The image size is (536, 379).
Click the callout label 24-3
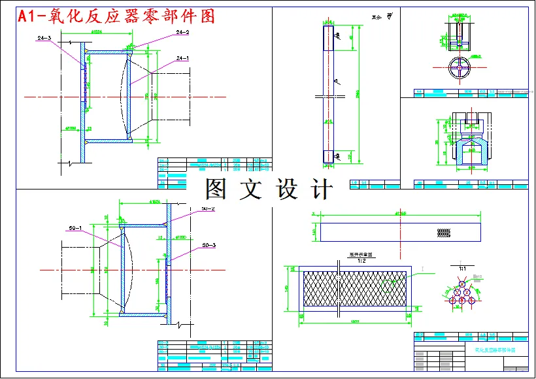(44, 39)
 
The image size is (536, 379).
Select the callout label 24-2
(182, 32)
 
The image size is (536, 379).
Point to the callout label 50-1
(75, 229)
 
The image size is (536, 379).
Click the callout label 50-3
(209, 245)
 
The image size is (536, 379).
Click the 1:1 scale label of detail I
(462, 269)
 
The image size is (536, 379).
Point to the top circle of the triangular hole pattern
(462, 284)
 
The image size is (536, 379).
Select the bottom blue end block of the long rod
(328, 156)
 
